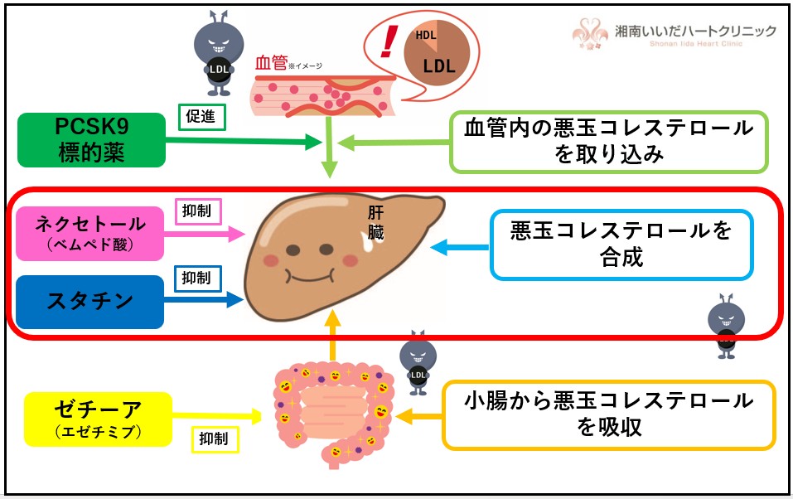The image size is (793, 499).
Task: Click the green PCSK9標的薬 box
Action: click(x=91, y=139)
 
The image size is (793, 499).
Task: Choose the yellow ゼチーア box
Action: click(x=98, y=418)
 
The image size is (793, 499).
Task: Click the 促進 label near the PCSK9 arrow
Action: click(x=202, y=118)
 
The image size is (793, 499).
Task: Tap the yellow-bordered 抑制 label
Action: click(x=215, y=438)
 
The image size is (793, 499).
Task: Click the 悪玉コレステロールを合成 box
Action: click(x=621, y=245)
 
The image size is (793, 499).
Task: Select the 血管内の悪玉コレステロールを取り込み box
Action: click(x=609, y=141)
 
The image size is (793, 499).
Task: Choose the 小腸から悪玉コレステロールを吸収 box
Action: click(x=609, y=414)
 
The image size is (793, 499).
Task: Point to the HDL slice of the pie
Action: click(x=425, y=36)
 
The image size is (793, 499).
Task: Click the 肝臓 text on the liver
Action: click(x=376, y=223)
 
